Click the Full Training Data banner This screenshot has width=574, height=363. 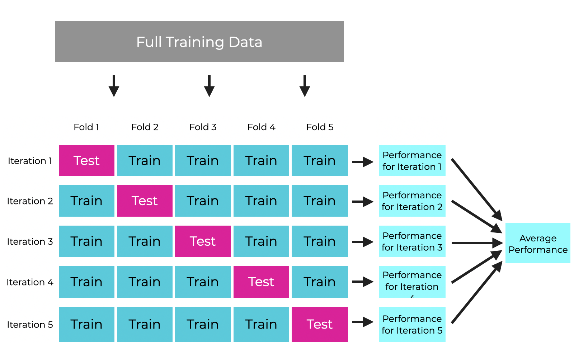click(199, 42)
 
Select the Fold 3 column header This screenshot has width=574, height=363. click(203, 127)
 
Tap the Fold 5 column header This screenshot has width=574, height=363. click(320, 127)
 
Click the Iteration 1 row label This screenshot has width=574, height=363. click(30, 161)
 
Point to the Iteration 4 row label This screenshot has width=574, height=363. click(30, 282)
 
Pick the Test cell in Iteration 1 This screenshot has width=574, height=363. click(86, 160)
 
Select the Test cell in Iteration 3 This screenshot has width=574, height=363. click(203, 241)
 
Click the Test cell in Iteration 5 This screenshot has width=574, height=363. click(320, 324)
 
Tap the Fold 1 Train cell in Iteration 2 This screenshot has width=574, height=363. click(86, 201)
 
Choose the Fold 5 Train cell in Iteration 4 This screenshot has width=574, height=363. click(320, 282)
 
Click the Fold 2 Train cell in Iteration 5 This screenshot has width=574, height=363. click(145, 324)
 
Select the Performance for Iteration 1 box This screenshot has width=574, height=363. click(412, 160)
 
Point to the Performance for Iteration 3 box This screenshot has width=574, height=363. click(412, 241)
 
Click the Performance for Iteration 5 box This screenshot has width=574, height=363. click(412, 324)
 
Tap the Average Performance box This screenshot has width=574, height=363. click(538, 243)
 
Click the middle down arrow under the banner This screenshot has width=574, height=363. click(209, 86)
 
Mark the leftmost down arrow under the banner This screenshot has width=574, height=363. click(114, 86)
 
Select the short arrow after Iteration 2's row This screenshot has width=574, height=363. click(363, 202)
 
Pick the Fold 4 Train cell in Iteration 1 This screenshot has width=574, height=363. click(261, 160)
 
